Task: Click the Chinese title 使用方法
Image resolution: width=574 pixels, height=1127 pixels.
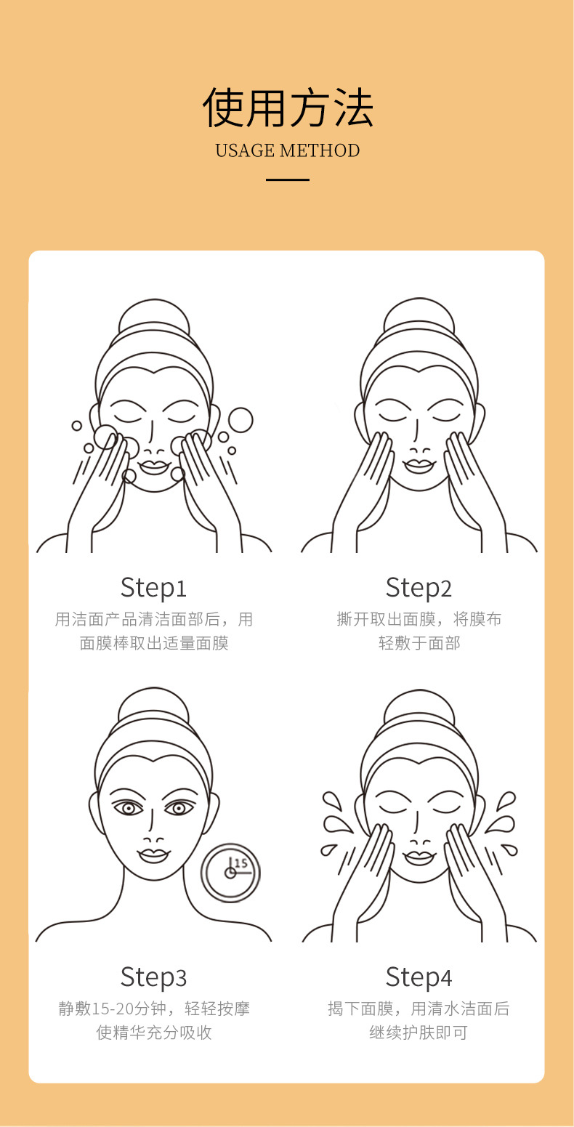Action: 287,108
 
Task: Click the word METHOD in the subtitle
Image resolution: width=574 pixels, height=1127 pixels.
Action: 320,150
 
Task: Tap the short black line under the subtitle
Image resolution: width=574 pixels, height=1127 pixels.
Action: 287,179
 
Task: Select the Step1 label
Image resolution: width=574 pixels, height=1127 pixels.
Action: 153,588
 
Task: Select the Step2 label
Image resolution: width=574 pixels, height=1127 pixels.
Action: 419,588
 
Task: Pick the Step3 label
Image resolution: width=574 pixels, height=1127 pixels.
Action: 153,977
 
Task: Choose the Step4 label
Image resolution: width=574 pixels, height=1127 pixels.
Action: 419,977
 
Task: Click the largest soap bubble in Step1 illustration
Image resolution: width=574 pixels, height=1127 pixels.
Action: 240,419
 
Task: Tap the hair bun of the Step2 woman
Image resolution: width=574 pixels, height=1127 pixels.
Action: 419,313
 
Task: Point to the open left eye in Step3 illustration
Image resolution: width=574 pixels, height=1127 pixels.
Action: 129,808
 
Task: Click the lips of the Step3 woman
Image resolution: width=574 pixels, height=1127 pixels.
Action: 153,855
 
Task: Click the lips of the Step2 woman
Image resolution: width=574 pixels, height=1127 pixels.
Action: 419,466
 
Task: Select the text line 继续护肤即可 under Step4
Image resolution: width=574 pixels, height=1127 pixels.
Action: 419,1033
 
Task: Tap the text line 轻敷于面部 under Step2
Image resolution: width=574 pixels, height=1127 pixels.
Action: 419,643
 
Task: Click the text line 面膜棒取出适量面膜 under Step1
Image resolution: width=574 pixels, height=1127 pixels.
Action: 154,643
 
